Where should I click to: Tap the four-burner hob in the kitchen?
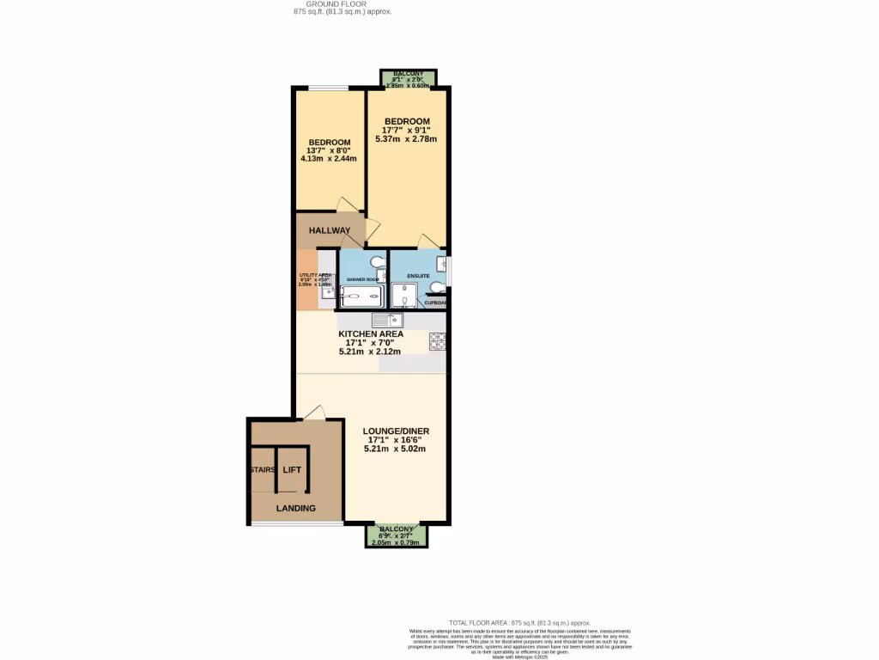(437, 341)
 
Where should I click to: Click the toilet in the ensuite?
(438, 287)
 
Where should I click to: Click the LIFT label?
(292, 470)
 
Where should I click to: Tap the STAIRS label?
(263, 470)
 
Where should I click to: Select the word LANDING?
(295, 508)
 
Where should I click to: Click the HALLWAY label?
(330, 230)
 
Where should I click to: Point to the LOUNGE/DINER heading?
(396, 431)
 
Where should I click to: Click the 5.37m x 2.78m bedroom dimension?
(409, 139)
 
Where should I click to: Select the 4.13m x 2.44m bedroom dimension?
(329, 158)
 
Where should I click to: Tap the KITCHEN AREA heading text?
(371, 333)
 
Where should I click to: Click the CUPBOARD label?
(437, 303)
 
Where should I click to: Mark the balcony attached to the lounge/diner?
(396, 536)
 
